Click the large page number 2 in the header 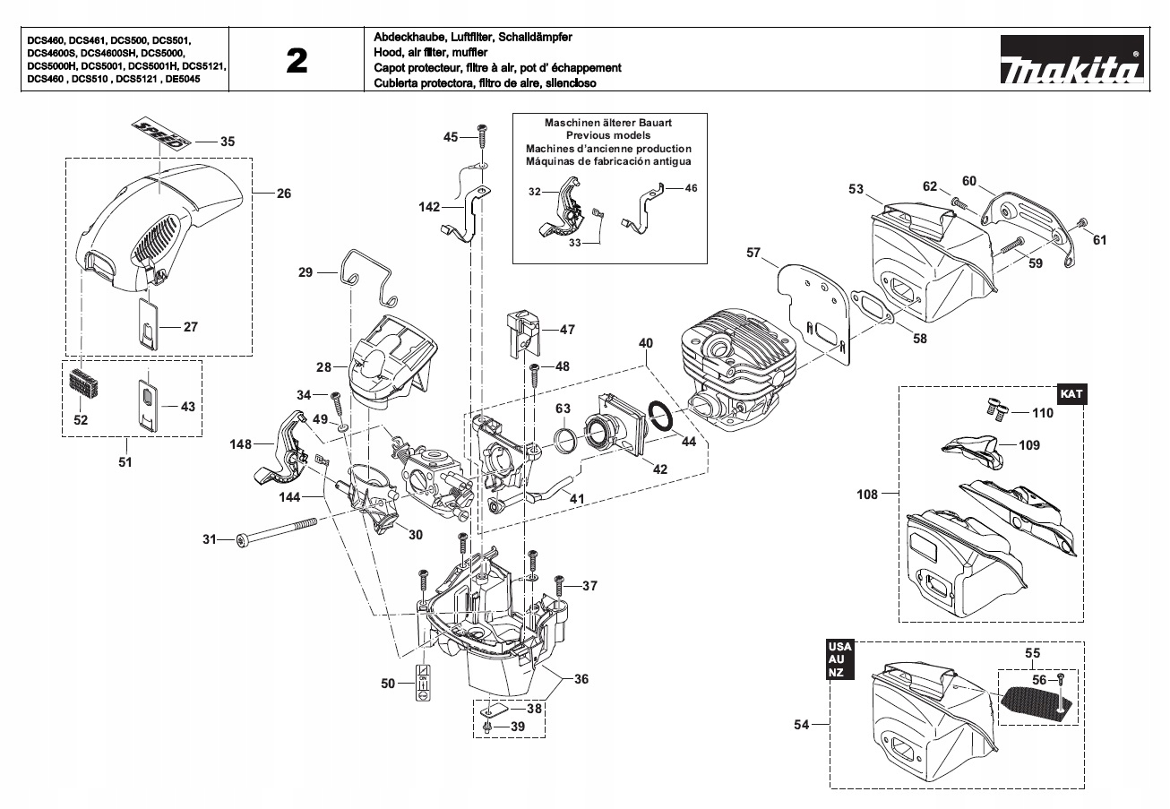click(297, 61)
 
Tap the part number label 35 click(227, 142)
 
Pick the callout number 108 click(865, 493)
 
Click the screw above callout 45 click(481, 133)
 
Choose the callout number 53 click(856, 189)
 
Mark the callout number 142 click(429, 207)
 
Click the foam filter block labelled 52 click(83, 384)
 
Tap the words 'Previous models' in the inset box click(608, 135)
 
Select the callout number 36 click(581, 679)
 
